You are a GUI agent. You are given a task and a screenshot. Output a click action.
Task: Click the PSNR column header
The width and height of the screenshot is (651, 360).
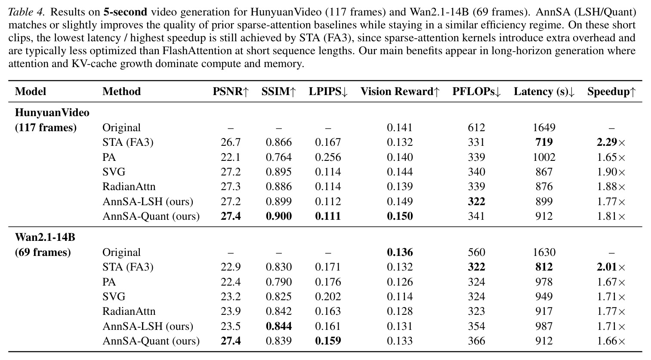[x=231, y=92]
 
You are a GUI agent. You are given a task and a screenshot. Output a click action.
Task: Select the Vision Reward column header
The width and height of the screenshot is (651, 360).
[x=400, y=92]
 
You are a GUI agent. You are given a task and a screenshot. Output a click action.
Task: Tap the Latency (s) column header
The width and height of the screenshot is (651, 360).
[x=544, y=92]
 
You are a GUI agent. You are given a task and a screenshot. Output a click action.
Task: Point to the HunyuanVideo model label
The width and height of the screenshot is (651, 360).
[x=52, y=112]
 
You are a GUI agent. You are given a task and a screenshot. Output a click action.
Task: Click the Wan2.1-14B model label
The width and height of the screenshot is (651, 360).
[x=45, y=237]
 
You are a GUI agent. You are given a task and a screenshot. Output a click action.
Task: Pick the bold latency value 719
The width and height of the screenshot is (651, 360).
[x=544, y=142]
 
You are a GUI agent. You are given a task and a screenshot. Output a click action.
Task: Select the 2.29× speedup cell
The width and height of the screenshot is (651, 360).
[x=611, y=142]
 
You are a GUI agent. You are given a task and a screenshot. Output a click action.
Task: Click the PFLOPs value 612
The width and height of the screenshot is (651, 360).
[x=476, y=128]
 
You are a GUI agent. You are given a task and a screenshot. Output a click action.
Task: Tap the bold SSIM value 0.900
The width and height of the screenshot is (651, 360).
[x=279, y=216]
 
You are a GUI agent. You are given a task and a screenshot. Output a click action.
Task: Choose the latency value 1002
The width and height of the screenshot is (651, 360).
[x=544, y=157]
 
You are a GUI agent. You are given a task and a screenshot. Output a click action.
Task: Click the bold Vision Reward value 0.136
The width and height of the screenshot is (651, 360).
[x=400, y=252]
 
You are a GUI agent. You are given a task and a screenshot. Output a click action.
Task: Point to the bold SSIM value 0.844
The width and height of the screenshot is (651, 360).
[x=279, y=326]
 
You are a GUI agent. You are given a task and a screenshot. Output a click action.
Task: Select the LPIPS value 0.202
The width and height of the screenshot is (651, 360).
[x=328, y=297]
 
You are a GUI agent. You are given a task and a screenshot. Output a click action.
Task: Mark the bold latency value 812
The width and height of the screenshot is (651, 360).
[x=544, y=267]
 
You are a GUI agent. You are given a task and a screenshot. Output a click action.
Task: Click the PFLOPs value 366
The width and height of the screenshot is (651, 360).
[x=476, y=341]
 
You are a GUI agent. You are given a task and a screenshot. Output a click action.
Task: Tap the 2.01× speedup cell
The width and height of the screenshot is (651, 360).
[x=611, y=267]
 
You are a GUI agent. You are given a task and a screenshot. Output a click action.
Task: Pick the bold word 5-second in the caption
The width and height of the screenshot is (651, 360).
[x=126, y=12]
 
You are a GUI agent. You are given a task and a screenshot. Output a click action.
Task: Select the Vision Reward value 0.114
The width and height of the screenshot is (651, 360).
[x=400, y=297]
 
